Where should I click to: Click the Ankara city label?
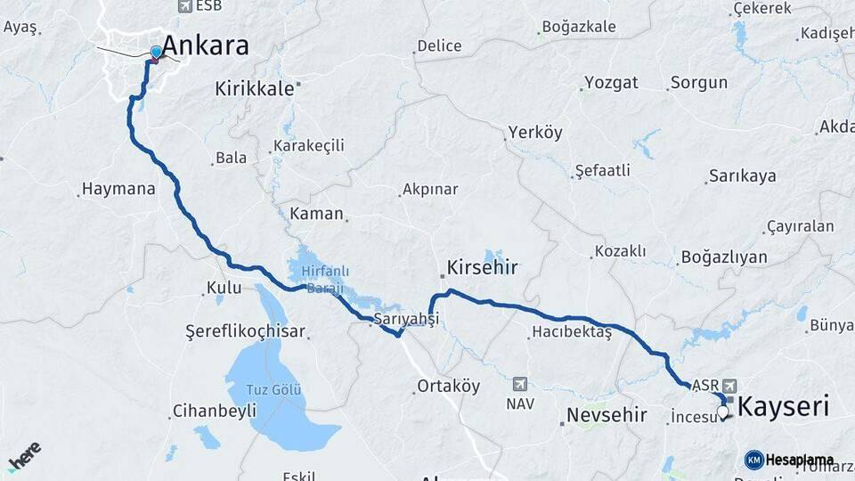(206, 46)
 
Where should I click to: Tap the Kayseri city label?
(784, 407)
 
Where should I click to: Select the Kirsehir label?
(482, 267)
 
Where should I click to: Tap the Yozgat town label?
(611, 83)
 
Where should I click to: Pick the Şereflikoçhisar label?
(245, 331)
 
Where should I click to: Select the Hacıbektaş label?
(571, 331)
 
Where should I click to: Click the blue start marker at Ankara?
(157, 53)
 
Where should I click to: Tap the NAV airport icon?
(521, 384)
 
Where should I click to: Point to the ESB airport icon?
(185, 6)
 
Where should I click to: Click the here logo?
(24, 457)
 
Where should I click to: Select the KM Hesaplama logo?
(790, 460)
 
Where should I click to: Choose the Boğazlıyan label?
(723, 257)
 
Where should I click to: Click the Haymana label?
(118, 189)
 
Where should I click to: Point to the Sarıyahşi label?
(407, 318)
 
